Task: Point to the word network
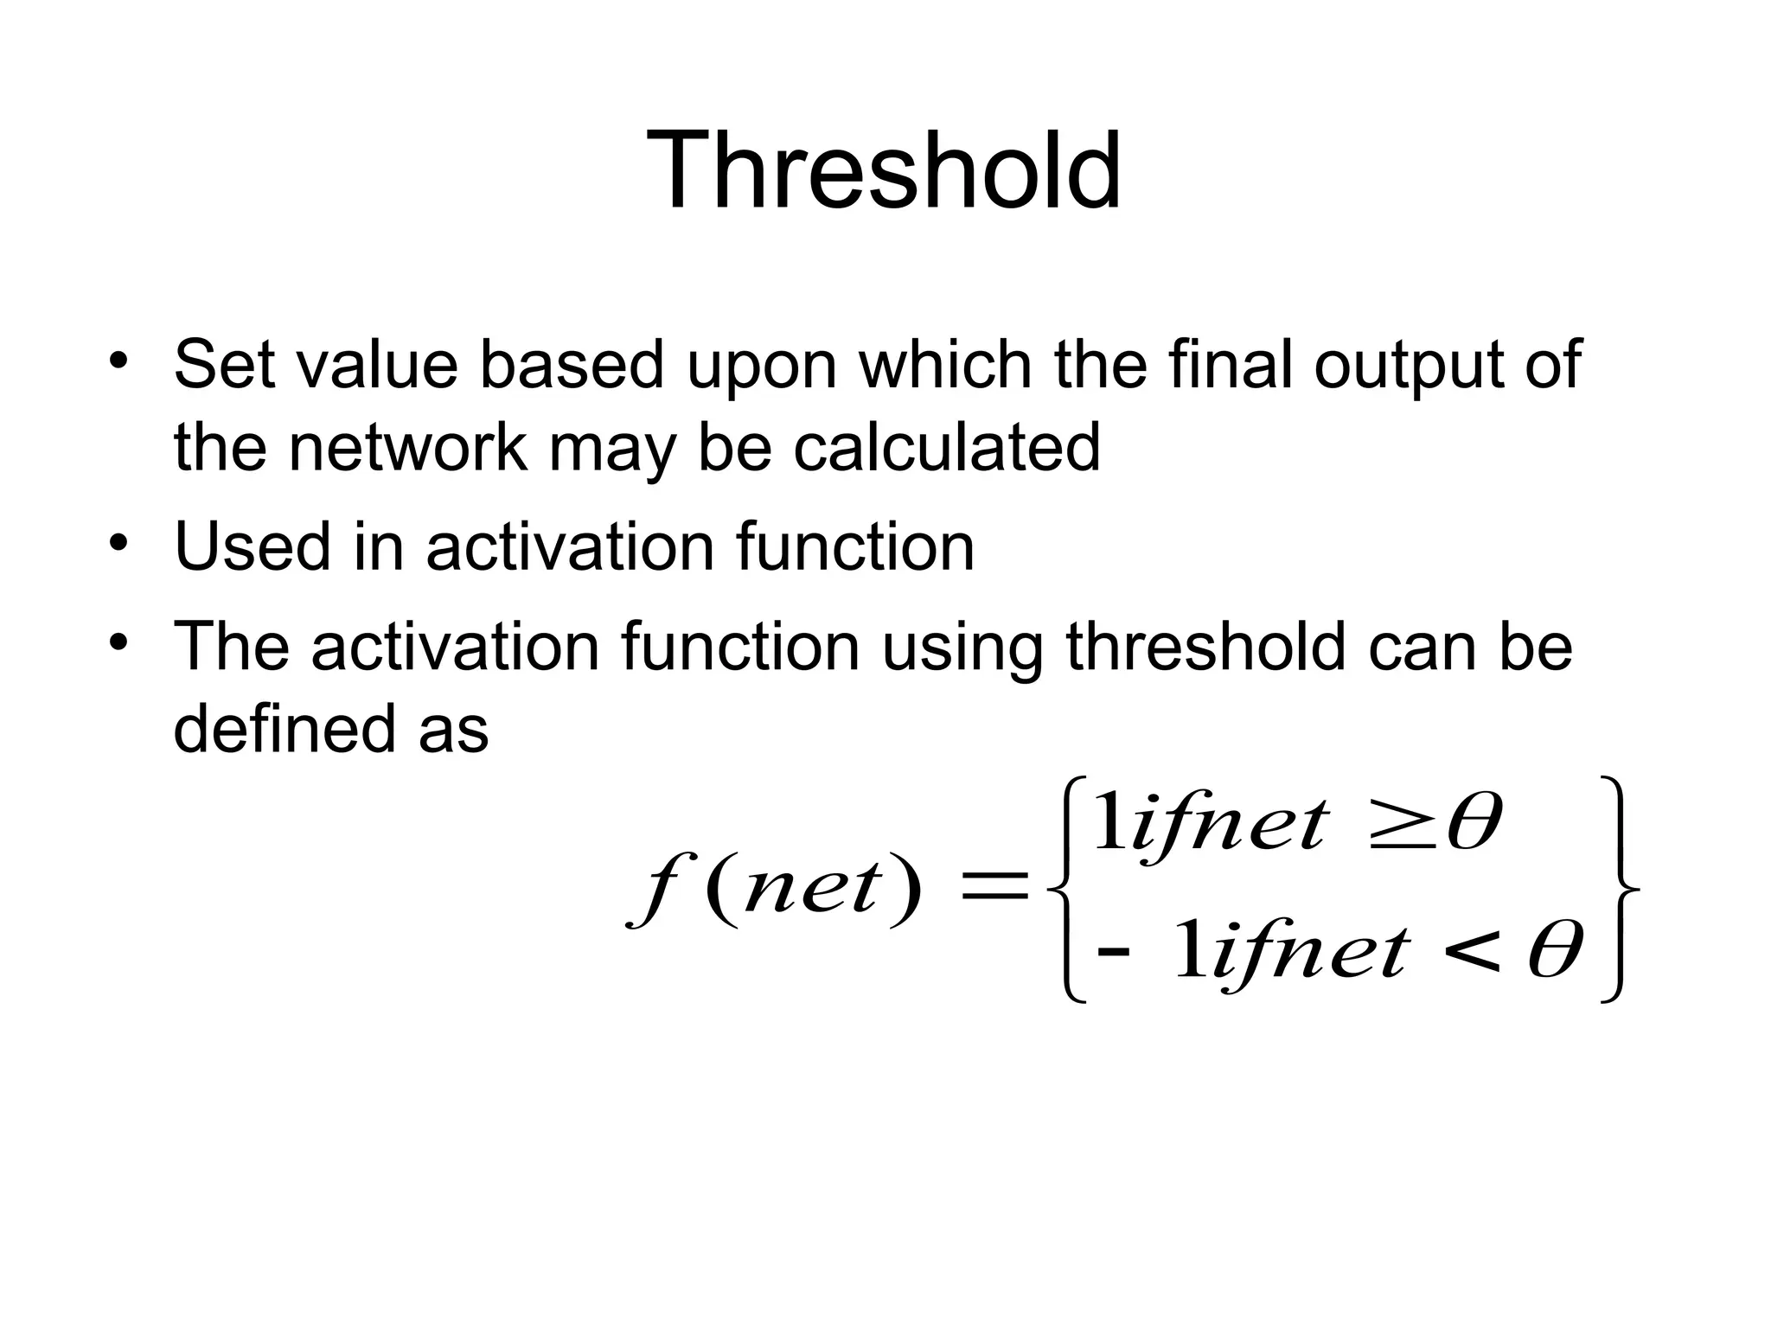pos(408,447)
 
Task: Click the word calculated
pos(947,447)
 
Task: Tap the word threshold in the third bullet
pos(1205,646)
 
